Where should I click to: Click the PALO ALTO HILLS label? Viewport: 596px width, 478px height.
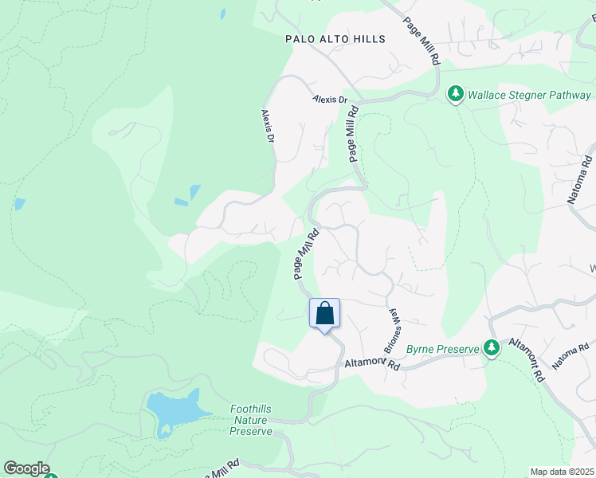[x=335, y=39]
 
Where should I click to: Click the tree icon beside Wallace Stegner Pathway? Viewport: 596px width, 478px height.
[x=456, y=94]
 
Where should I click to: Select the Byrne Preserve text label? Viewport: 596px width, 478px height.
[x=442, y=349]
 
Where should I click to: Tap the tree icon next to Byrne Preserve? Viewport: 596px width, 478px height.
[x=492, y=347]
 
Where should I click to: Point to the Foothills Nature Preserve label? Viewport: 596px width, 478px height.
[x=251, y=420]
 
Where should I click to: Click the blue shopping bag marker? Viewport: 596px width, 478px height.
[x=324, y=313]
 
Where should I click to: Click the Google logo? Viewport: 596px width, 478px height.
[x=26, y=468]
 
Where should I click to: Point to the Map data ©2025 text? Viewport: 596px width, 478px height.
[x=562, y=472]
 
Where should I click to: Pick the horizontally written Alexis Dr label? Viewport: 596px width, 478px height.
[x=331, y=100]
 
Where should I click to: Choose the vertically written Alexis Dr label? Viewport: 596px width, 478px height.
[x=269, y=127]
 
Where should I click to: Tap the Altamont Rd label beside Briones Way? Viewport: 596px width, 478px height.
[x=371, y=364]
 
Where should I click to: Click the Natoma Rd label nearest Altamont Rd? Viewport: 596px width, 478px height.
[x=574, y=355]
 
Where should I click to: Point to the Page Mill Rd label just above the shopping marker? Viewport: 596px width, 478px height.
[x=306, y=254]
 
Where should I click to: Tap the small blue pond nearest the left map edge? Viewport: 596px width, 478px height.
[x=19, y=204]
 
